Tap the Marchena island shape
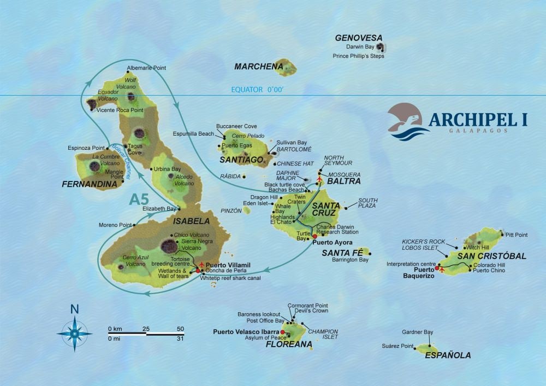[286, 68]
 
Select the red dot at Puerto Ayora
[314, 237]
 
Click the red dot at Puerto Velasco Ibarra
[282, 331]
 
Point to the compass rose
[74, 331]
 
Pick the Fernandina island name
[90, 184]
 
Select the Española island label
[448, 355]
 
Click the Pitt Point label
[517, 235]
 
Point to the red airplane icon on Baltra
[319, 179]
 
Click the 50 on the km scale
[180, 328]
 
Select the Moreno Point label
[115, 225]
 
